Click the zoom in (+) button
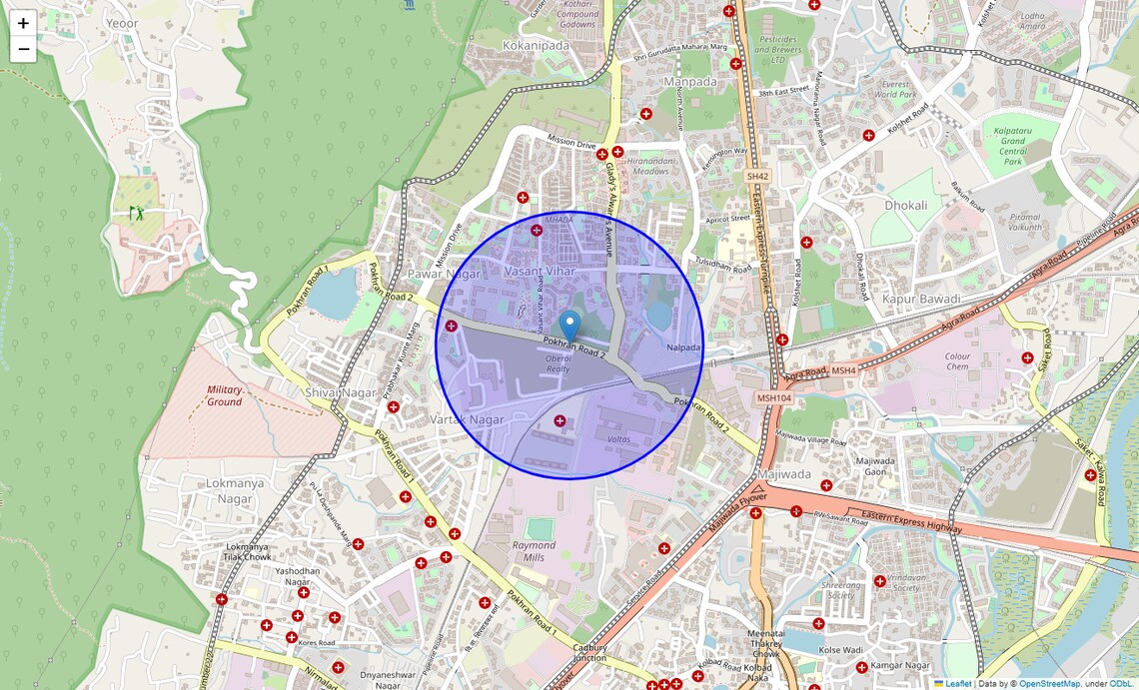point(23,23)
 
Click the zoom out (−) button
point(23,49)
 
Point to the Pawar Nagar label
point(444,274)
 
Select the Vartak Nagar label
point(467,419)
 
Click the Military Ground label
point(224,395)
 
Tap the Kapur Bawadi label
point(921,299)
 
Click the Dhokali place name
point(905,206)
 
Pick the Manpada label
point(690,81)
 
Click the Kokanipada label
point(536,45)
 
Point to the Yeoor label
point(122,23)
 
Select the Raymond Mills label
point(534,551)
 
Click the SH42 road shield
point(758,176)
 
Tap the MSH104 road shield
point(773,397)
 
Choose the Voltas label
point(618,439)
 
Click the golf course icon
point(136,213)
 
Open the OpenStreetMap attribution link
point(1049,684)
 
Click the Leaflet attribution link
point(957,684)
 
